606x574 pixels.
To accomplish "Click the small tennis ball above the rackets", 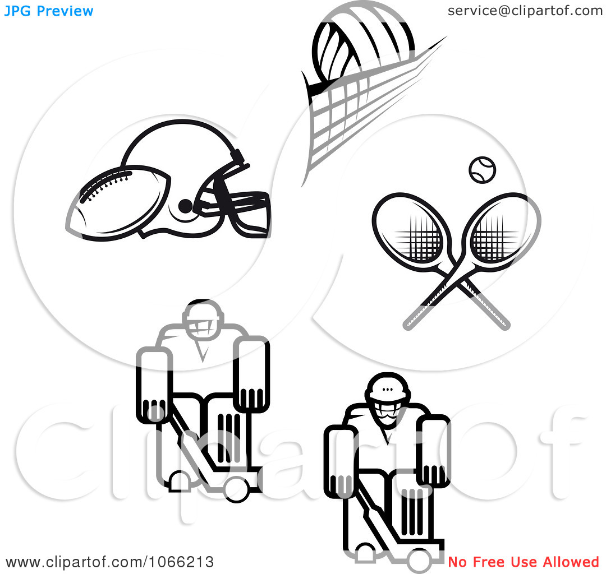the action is click(483, 170).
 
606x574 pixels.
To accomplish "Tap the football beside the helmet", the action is click(118, 203).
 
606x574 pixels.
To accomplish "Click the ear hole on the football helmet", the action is click(185, 206).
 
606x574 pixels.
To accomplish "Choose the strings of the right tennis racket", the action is click(495, 238).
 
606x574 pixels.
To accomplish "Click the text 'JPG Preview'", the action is click(49, 11).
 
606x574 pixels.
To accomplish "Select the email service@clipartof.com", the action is click(525, 11).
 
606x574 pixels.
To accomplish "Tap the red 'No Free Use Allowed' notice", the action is click(524, 562).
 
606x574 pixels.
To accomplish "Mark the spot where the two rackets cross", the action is click(457, 280).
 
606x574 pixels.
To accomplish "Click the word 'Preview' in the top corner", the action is click(65, 11).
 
